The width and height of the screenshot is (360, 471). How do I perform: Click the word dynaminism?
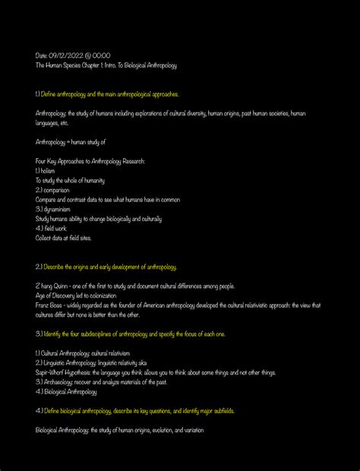tap(58, 209)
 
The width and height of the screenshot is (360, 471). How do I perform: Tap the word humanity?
tap(90, 181)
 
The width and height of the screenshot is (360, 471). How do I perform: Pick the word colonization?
tap(99, 296)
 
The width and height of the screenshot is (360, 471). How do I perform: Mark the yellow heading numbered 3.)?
tap(130, 333)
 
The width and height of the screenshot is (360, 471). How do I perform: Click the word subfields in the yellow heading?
tap(221, 411)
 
